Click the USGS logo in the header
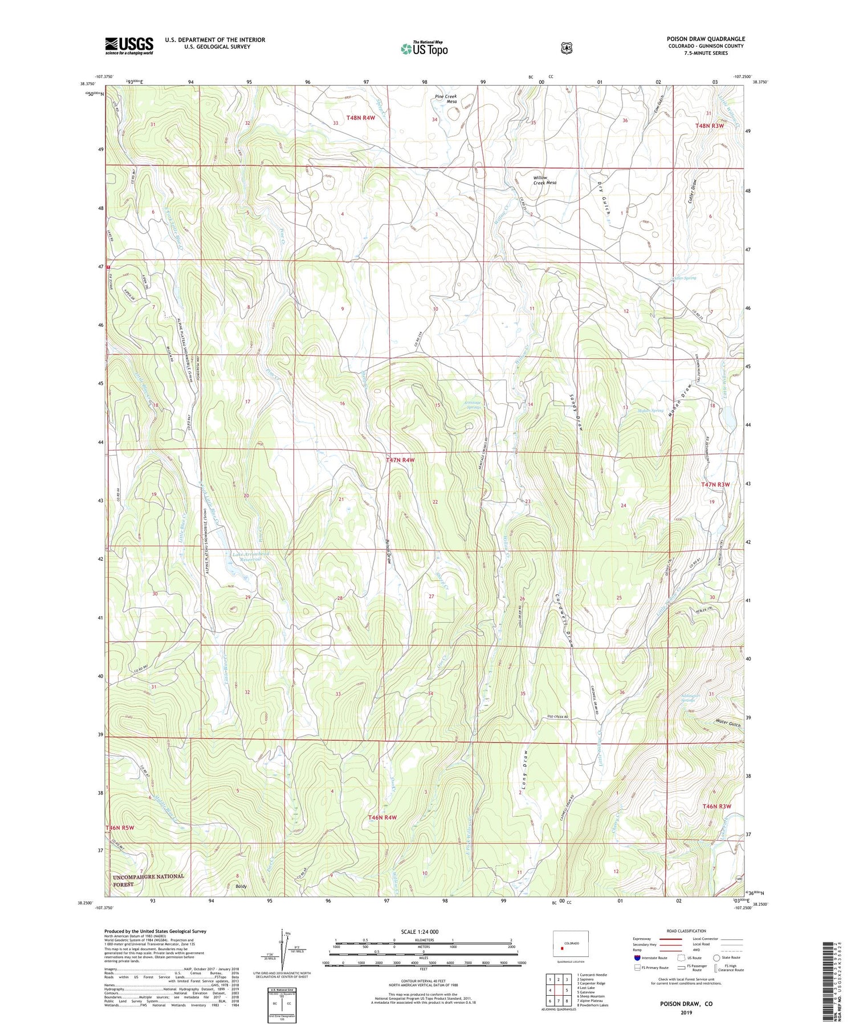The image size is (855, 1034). tap(129, 46)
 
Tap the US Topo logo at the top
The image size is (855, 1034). tap(424, 48)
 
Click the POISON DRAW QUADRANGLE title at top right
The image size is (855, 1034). tap(706, 39)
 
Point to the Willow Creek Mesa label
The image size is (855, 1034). tap(544, 180)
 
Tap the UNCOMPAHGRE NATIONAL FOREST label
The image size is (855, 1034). tap(148, 880)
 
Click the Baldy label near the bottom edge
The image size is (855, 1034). tap(241, 887)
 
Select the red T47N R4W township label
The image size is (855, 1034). tap(400, 460)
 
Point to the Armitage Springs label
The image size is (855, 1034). tap(471, 404)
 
